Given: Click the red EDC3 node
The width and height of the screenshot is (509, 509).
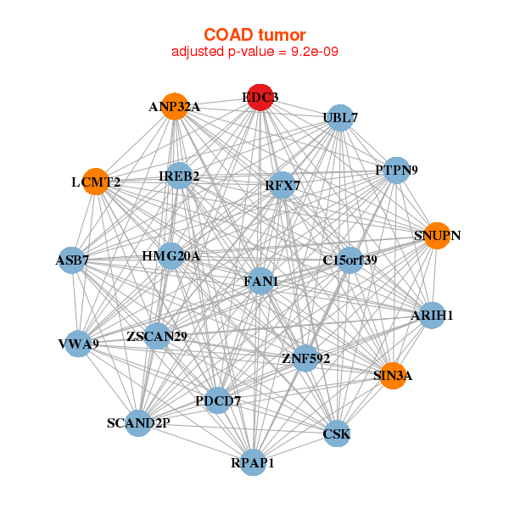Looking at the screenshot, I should click(x=260, y=98).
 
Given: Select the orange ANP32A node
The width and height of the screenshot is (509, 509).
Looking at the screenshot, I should click(x=174, y=106).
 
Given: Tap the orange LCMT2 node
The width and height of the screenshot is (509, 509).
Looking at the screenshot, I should click(x=96, y=182).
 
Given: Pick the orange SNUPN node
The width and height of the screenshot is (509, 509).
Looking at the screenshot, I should click(x=437, y=235).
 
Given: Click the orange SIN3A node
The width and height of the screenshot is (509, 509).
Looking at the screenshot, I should click(x=392, y=376).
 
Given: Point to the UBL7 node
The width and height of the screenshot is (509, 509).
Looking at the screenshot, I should click(x=340, y=117).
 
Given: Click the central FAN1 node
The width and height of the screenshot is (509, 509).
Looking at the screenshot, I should click(x=260, y=281).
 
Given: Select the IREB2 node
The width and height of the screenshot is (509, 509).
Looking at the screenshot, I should click(x=179, y=176).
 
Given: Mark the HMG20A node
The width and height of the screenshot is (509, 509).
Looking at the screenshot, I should click(x=171, y=256).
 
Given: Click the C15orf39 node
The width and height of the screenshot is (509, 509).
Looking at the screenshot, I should click(x=350, y=260).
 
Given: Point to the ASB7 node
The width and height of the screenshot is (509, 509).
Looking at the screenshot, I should click(x=72, y=260).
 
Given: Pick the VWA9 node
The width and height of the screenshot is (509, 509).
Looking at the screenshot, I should click(x=78, y=344).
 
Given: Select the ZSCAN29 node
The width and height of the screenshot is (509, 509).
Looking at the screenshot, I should click(x=157, y=337).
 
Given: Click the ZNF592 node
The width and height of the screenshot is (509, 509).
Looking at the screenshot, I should click(x=305, y=358).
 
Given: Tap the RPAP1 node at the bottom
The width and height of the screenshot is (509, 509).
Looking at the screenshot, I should click(x=253, y=462).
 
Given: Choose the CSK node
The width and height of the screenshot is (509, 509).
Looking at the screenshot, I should click(x=337, y=434).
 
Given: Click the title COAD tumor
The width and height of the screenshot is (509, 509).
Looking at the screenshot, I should click(x=254, y=35).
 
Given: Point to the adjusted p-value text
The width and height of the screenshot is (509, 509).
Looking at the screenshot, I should click(x=254, y=52).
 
